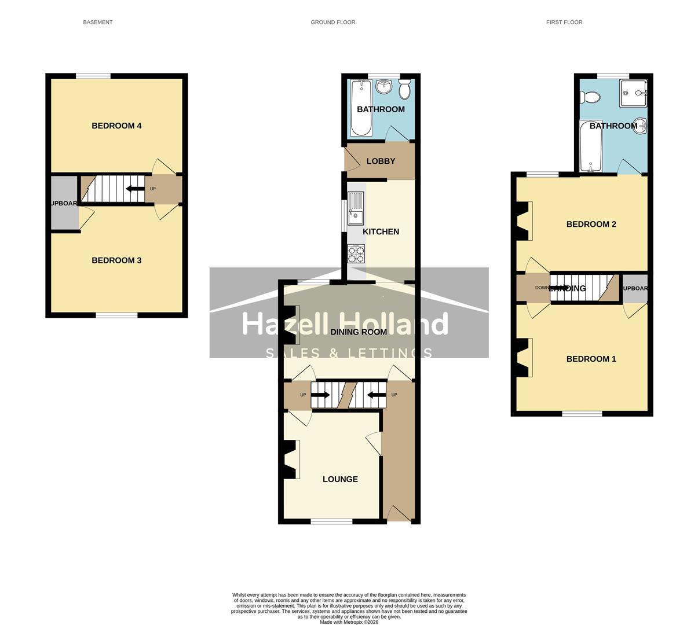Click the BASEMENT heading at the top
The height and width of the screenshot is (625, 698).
coord(98,22)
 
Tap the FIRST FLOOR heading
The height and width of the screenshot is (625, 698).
coord(564,22)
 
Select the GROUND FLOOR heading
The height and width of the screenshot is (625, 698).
coord(332,22)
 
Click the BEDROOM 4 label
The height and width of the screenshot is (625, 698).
coord(116,126)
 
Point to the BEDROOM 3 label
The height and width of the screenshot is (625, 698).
coord(116,260)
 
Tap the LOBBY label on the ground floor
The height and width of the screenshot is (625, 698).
coord(381,161)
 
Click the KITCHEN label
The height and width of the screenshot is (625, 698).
coord(381,231)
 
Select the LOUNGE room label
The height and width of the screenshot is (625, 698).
coord(340,479)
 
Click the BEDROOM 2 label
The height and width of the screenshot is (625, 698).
coord(591,224)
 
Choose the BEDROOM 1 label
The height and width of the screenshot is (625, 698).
coord(591,359)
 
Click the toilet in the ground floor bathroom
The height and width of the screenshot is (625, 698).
coord(404,89)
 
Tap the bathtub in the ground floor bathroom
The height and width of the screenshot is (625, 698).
coord(361,108)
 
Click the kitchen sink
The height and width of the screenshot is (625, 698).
coord(355,208)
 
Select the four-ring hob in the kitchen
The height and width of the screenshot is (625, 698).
coord(356,253)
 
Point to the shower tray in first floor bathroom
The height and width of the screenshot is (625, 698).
coord(633,93)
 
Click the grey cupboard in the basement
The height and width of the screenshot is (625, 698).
coord(64,203)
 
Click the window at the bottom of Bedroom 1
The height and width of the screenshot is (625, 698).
coord(582,413)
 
